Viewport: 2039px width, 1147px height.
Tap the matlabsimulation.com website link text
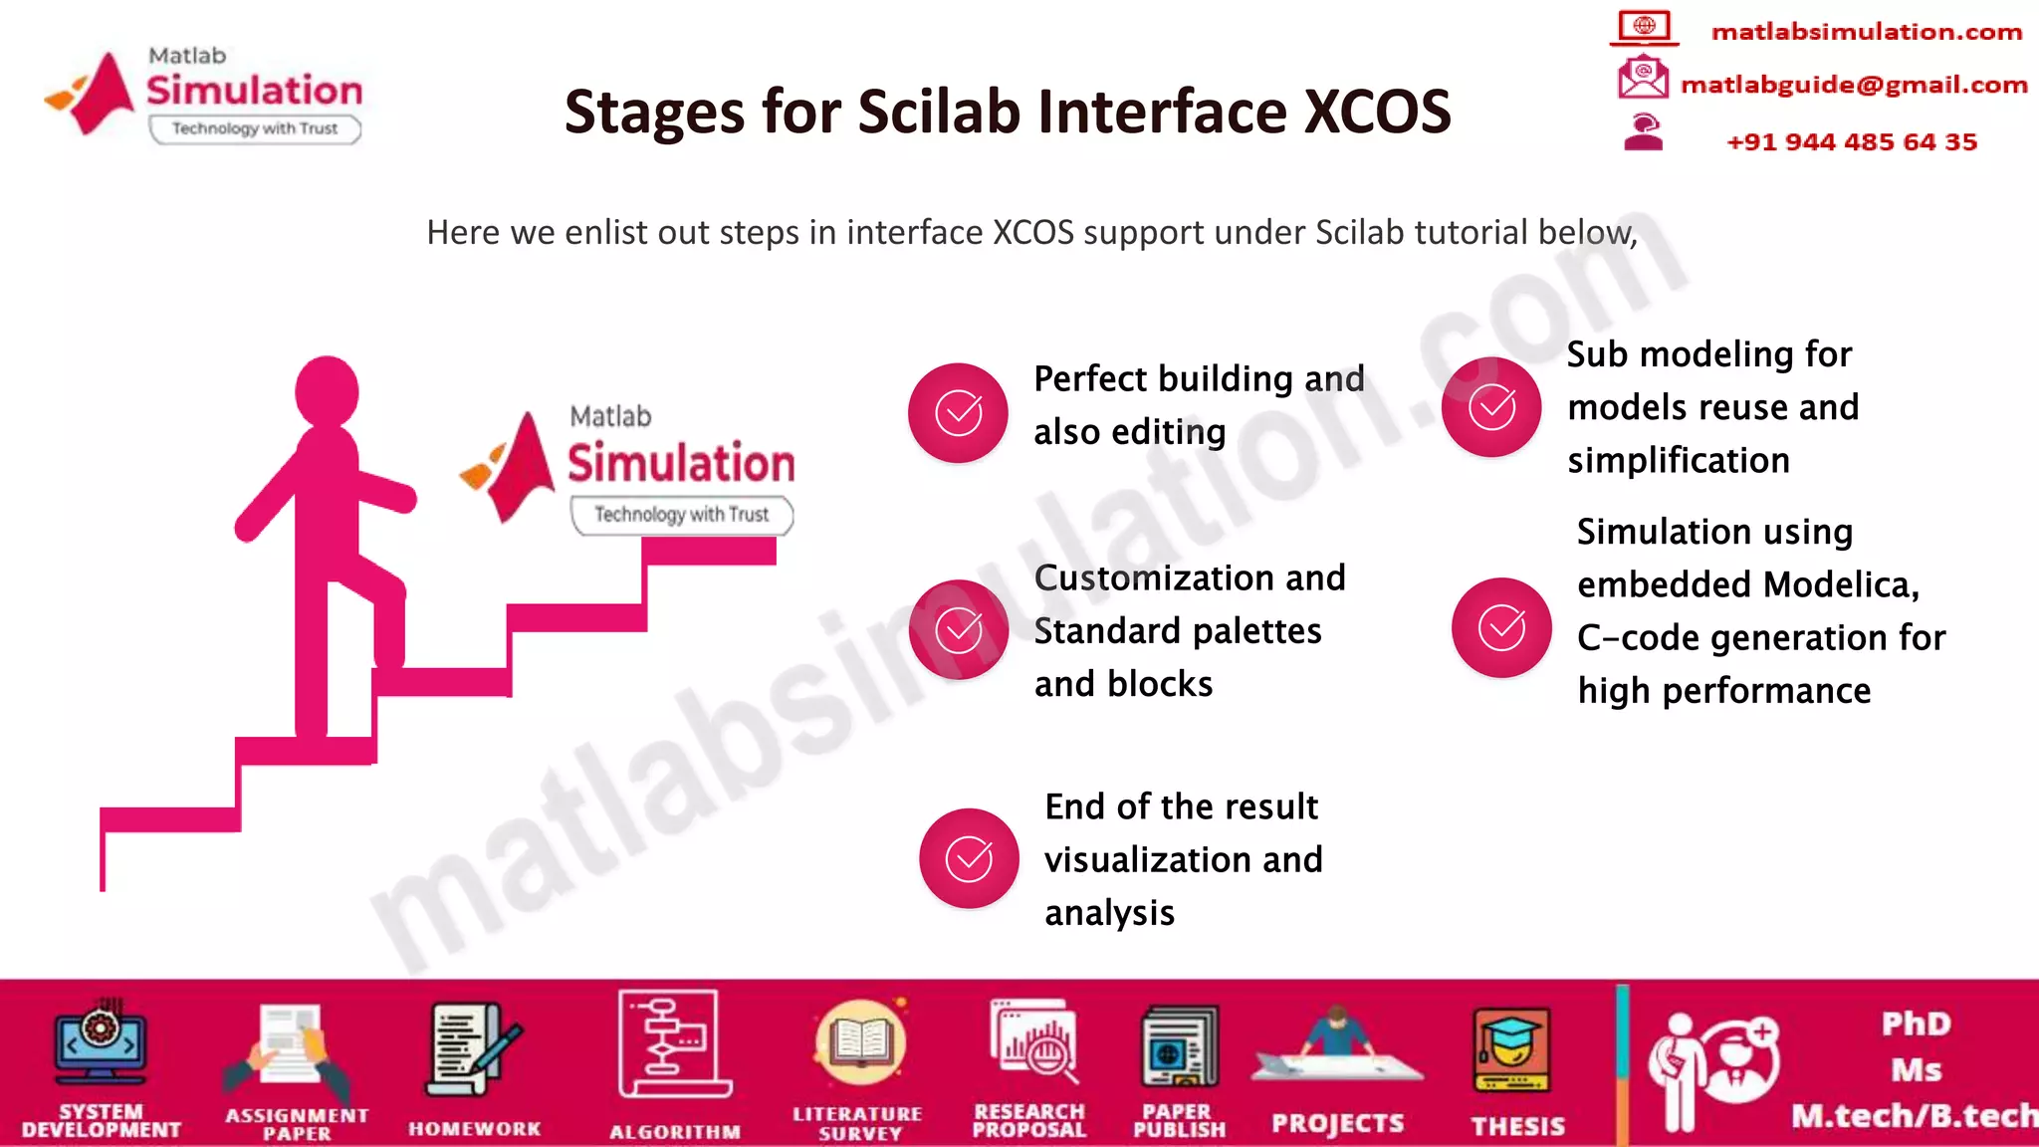click(1866, 32)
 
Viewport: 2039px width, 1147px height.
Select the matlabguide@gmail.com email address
click(1853, 85)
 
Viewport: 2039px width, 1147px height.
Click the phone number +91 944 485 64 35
click(1851, 142)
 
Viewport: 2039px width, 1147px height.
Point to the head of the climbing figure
click(327, 390)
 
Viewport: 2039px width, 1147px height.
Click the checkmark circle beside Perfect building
click(958, 412)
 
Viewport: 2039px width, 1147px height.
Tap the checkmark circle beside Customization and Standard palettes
click(958, 629)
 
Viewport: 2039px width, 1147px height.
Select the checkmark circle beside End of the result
click(968, 858)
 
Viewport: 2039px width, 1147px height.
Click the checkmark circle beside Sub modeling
click(1491, 406)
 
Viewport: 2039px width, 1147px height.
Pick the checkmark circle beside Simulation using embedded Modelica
click(1501, 627)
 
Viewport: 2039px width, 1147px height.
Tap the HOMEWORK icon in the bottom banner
click(473, 1051)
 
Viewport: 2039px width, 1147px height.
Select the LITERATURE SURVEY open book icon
click(859, 1043)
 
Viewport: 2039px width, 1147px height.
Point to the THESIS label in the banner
click(1517, 1126)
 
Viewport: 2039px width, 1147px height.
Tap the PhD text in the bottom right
click(1915, 1024)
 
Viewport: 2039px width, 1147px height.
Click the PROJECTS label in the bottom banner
click(1337, 1124)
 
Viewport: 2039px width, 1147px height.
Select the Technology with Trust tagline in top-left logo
click(255, 128)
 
